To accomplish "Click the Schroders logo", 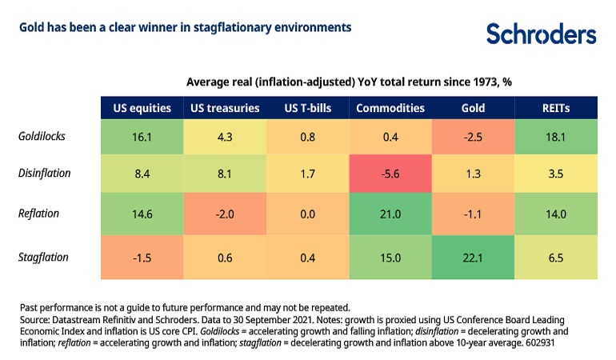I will [541, 34].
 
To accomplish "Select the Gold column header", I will [473, 107].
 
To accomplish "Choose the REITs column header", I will [555, 107].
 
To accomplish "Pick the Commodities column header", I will [390, 107].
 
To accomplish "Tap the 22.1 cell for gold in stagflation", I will [473, 258].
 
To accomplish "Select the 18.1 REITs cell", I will [555, 137].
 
